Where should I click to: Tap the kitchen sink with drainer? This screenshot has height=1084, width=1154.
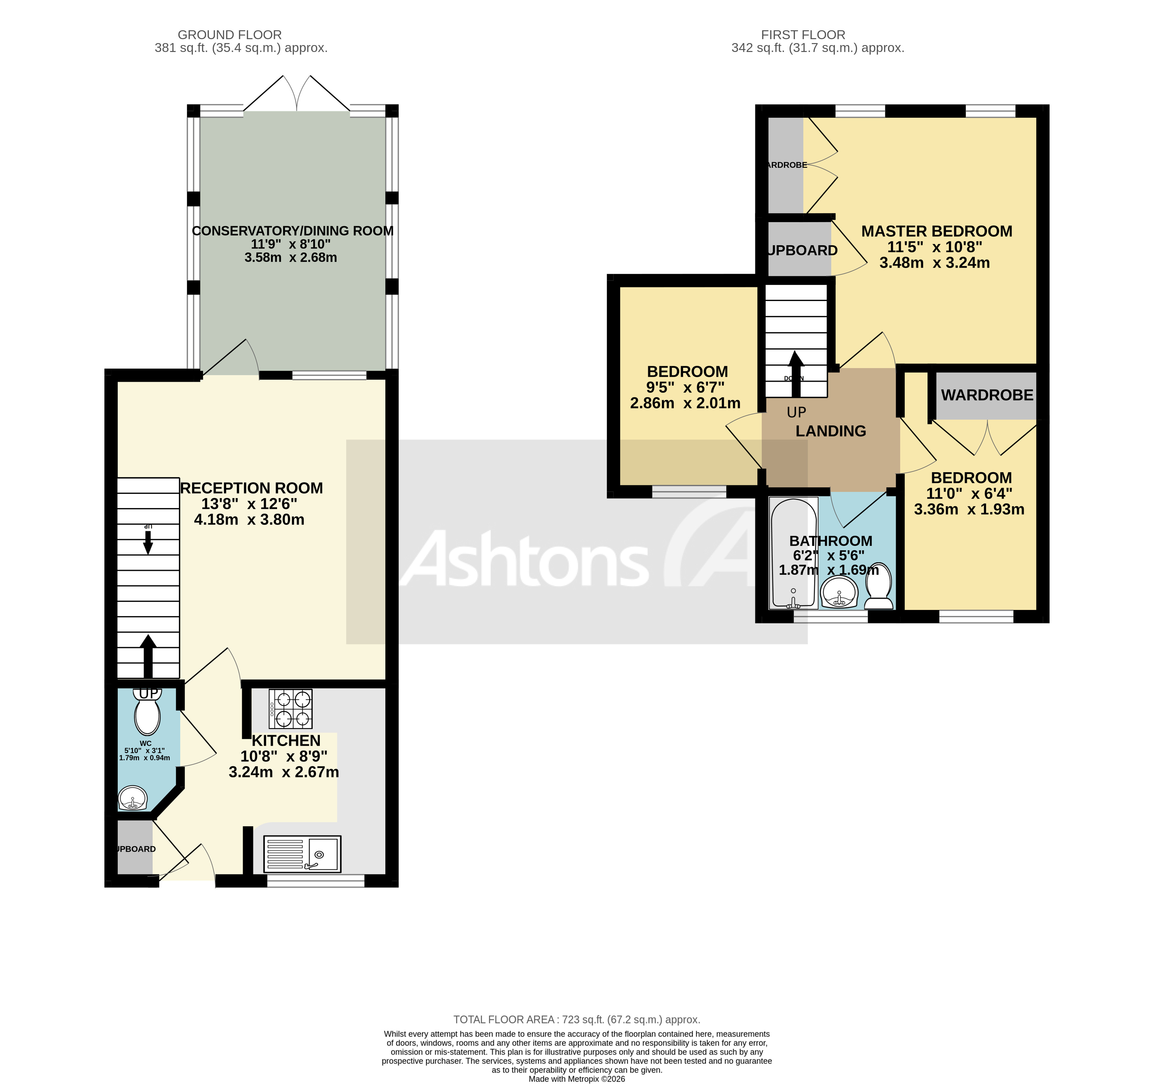tap(302, 854)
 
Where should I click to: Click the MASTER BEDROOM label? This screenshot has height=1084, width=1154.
tap(936, 231)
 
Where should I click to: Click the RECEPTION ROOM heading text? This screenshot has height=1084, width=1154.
tap(251, 488)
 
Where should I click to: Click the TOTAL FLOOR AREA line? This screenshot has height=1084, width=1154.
tap(577, 1020)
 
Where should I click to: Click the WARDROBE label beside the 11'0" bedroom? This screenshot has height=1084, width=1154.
tap(987, 395)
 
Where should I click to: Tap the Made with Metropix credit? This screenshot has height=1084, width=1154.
tap(577, 1079)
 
